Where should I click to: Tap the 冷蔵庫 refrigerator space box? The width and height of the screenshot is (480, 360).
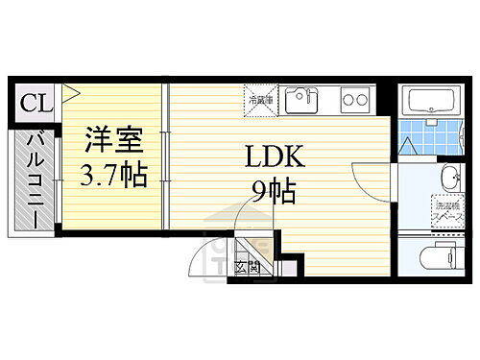tap(259, 99)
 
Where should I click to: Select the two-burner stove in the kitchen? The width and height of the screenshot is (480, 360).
tap(353, 99)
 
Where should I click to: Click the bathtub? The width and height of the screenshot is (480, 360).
tap(435, 102)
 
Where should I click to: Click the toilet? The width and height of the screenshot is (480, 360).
tap(443, 259)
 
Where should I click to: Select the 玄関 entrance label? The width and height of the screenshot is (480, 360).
tap(248, 268)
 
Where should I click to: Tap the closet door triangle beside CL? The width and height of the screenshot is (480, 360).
tap(70, 94)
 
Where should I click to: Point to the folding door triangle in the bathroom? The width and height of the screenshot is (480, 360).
tap(408, 148)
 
